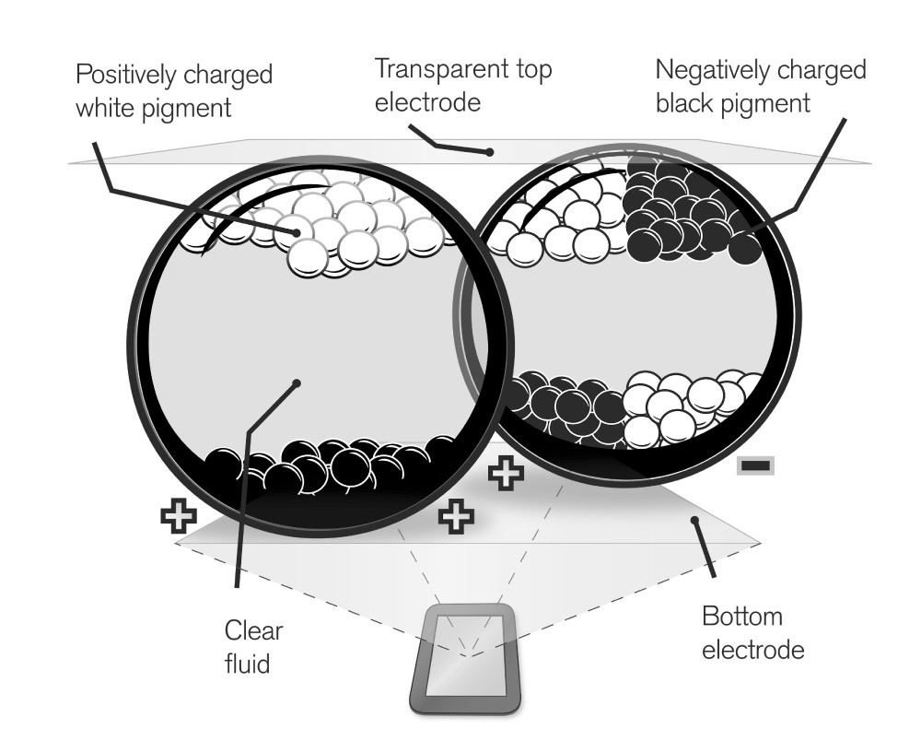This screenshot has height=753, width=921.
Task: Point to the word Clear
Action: tap(254, 630)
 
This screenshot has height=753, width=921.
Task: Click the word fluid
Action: tap(247, 664)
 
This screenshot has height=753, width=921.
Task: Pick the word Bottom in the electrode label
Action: tap(742, 617)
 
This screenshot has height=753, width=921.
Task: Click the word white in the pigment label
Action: tap(107, 108)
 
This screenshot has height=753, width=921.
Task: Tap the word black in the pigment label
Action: tap(684, 103)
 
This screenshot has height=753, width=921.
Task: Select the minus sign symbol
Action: tap(755, 465)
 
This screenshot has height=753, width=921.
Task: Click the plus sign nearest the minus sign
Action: tap(506, 473)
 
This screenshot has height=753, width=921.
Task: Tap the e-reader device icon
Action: tap(464, 658)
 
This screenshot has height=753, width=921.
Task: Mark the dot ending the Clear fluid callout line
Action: tap(297, 383)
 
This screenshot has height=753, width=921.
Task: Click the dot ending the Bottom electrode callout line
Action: tap(694, 520)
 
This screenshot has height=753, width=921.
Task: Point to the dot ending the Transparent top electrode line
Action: tap(489, 152)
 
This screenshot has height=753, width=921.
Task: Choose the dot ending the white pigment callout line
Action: tap(297, 233)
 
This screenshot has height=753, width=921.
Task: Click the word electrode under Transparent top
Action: tap(427, 102)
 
